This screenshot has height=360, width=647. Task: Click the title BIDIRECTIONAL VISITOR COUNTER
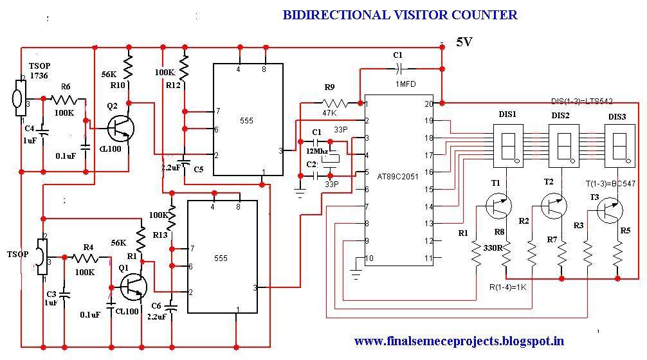tap(400, 15)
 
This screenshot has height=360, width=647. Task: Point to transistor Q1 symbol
tap(132, 286)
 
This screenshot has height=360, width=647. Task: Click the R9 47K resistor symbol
tap(334, 103)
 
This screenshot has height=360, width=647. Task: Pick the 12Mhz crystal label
tap(316, 151)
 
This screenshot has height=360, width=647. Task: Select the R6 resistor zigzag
tap(64, 100)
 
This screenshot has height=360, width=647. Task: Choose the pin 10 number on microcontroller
tap(369, 258)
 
